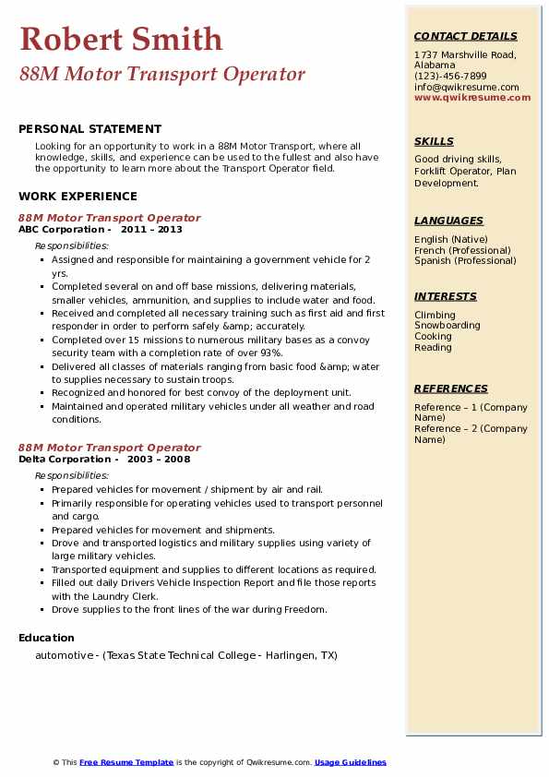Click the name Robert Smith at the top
coord(120,40)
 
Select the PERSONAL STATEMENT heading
coord(90,129)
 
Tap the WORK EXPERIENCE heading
coord(78,196)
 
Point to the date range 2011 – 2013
coord(151,230)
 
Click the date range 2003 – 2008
coord(159,460)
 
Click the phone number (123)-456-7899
coord(450,77)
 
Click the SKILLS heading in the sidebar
coord(434,141)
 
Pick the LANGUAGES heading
coord(448,221)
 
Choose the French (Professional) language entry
coord(462,250)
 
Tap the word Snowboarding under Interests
coord(447,326)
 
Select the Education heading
coord(46,638)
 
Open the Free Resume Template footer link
coord(126,762)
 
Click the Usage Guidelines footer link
coord(350,762)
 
